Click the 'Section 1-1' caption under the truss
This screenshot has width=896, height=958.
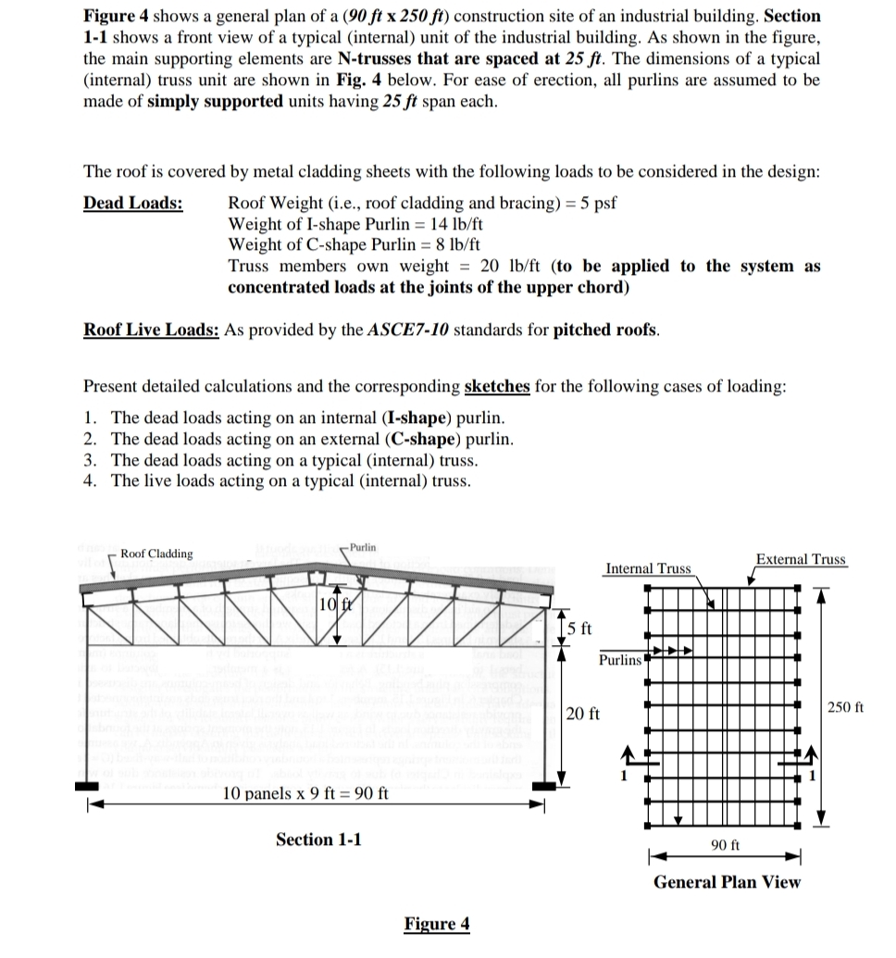tap(318, 840)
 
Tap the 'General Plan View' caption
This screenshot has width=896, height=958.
tap(727, 882)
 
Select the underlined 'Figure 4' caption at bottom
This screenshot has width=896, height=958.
tap(437, 924)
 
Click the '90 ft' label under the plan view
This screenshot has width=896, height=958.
tap(725, 844)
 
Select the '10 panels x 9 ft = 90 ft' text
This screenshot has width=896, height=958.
tap(306, 794)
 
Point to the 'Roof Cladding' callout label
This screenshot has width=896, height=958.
tap(157, 554)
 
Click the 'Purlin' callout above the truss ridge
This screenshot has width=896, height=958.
tap(363, 547)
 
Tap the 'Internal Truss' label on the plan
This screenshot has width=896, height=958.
tap(648, 567)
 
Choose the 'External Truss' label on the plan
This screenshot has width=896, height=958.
tap(801, 559)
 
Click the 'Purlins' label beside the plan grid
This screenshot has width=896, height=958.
tap(620, 660)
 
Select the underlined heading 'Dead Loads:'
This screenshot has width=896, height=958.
tap(132, 204)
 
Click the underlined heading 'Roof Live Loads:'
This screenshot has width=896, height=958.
tap(152, 330)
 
